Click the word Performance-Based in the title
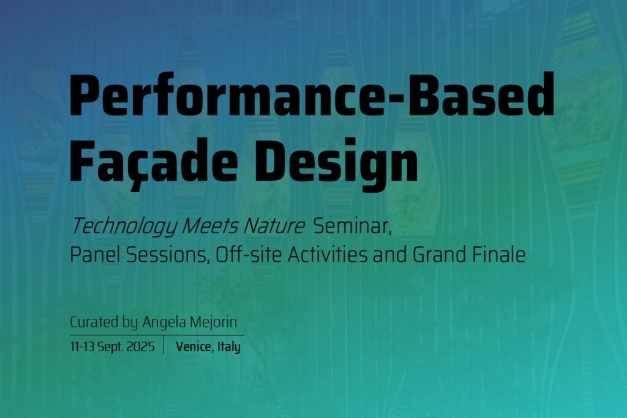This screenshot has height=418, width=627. point(312,95)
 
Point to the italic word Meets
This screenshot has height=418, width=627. point(211,226)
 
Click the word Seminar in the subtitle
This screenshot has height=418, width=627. point(352,227)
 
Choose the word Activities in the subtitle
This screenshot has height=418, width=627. point(327,255)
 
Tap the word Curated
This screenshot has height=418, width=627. point(94,322)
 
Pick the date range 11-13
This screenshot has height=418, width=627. point(83,346)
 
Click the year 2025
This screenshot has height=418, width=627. point(140,346)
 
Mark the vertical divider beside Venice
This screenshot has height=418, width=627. point(163,345)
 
